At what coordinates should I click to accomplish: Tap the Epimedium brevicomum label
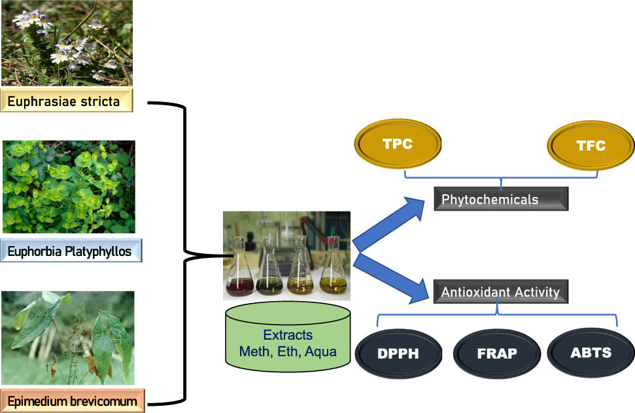point(73,401)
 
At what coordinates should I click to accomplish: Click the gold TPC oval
point(398,143)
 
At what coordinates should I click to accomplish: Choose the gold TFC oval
point(591,145)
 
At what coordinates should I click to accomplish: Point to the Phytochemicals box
point(501,199)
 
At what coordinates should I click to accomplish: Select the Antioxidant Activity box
point(501,291)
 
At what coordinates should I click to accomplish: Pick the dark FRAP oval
point(496,353)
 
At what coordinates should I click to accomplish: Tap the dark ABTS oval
point(591,353)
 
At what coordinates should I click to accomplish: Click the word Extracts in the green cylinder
point(288,335)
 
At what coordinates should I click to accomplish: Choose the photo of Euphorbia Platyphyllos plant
point(69,187)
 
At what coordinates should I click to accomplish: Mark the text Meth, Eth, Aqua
point(288,352)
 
